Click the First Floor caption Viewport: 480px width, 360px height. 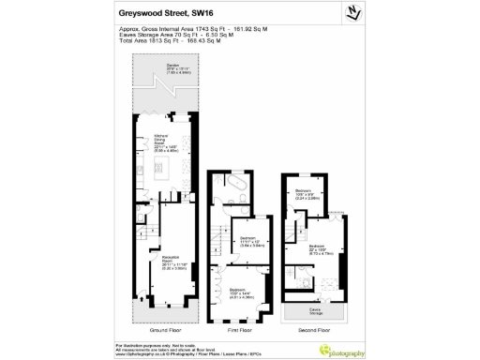[x=240, y=330]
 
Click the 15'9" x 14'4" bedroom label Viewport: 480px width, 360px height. [x=242, y=292]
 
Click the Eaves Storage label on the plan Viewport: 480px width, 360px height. [x=314, y=310]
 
